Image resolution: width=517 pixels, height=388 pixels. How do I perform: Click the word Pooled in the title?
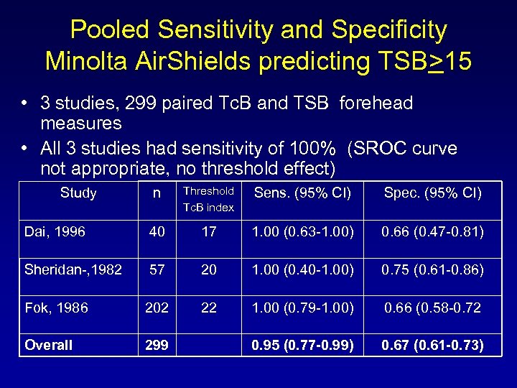click(110, 30)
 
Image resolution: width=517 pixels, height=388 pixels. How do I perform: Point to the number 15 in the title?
click(457, 61)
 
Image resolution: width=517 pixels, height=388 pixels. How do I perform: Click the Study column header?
click(78, 193)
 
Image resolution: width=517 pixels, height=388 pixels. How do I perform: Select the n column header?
click(157, 193)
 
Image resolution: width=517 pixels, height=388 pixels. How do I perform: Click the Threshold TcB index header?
click(208, 199)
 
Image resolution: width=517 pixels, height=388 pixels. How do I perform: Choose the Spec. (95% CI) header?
click(432, 193)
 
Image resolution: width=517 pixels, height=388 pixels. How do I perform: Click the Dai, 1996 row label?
click(55, 231)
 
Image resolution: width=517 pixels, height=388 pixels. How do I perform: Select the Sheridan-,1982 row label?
click(73, 269)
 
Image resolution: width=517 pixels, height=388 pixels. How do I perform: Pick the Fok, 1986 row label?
click(57, 308)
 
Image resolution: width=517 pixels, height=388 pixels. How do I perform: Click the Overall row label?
click(49, 345)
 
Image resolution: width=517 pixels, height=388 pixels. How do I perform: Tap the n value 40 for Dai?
click(157, 231)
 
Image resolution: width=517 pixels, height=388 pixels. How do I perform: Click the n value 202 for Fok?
click(157, 308)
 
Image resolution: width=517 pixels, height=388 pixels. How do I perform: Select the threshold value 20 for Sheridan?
click(208, 269)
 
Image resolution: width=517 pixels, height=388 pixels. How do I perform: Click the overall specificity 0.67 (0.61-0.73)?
click(432, 345)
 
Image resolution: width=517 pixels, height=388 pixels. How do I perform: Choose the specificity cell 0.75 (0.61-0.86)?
click(432, 269)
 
